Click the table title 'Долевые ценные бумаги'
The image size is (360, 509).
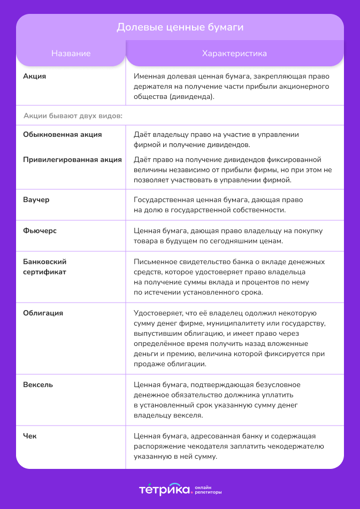coord(180,27)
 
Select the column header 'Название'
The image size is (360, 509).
coord(71,53)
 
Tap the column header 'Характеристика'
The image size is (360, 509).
coord(234,53)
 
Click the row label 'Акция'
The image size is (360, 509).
coord(35,76)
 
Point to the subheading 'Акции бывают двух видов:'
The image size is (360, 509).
coord(73,115)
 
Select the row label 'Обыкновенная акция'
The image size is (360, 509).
coord(63,135)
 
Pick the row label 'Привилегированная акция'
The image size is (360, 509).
coord(72,160)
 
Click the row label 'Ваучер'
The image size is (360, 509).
coord(36,200)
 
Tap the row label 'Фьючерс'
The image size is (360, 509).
coord(40,231)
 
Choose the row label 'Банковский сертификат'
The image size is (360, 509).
coord(45,267)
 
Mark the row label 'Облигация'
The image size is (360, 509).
coord(43,313)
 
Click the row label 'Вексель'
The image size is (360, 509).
coord(38,385)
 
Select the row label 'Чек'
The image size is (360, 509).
coord(30,436)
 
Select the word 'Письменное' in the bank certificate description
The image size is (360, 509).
coord(153,262)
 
